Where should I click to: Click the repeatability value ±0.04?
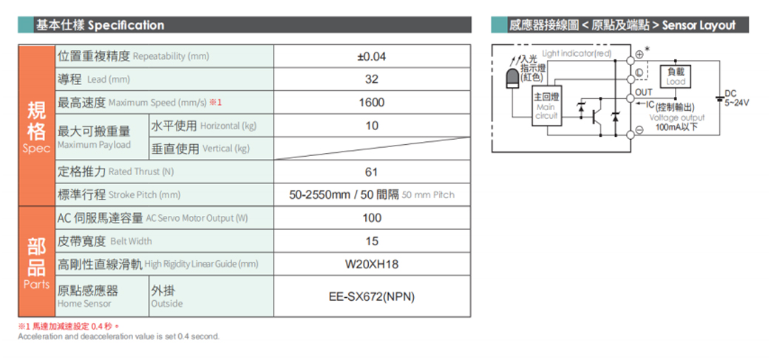372,57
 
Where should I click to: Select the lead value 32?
372,80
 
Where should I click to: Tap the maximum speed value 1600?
372,103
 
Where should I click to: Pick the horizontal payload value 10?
372,126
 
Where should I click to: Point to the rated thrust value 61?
372,172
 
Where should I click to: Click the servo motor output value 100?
372,218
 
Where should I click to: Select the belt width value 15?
373,241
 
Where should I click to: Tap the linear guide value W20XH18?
372,265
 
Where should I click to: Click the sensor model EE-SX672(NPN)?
372,297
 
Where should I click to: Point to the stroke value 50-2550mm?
319,194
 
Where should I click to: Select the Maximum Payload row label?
94,145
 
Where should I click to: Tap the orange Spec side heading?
36,149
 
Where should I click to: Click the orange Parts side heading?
36,285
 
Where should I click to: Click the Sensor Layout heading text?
699,26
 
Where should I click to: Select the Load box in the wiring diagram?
675,77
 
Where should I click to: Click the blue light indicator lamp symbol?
512,78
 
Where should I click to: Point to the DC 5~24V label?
736,98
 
